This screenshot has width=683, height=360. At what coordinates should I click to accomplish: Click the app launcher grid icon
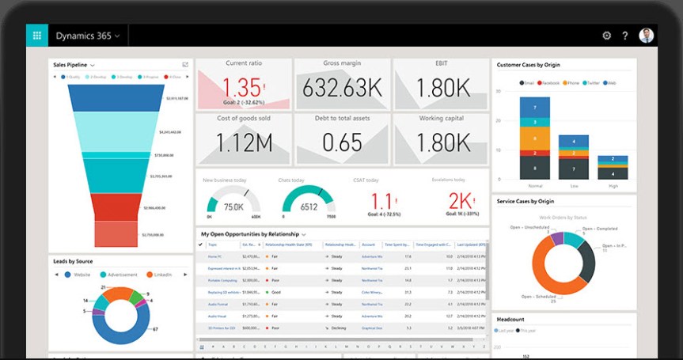point(36,36)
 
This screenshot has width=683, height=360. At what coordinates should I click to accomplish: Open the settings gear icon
point(607,36)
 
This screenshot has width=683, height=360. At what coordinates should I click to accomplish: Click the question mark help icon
point(625,36)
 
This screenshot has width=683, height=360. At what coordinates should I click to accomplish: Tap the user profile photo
point(647,36)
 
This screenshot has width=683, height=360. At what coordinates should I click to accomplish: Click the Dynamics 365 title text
point(83,36)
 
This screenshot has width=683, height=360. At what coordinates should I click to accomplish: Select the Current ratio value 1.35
point(242,87)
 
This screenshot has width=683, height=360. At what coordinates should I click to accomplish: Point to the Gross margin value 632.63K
point(342,87)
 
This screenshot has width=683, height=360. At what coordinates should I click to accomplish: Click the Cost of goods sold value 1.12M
point(244,143)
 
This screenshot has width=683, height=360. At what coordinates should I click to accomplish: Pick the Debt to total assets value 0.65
point(342,143)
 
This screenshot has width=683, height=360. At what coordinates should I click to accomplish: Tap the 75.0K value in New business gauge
point(233,207)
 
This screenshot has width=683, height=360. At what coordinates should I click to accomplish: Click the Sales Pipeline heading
point(70,64)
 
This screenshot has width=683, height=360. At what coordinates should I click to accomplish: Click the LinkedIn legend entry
point(163,275)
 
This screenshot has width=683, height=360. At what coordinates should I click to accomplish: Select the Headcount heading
point(510,319)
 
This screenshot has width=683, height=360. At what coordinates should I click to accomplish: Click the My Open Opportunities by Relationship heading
point(249,234)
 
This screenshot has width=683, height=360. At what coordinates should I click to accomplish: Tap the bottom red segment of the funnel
point(117,234)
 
